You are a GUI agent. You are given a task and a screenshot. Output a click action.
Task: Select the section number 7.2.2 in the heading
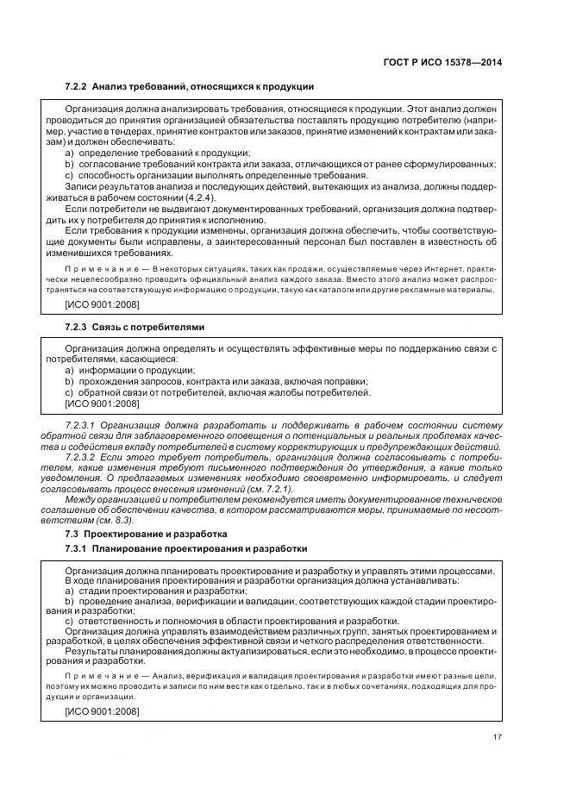(x=77, y=87)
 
